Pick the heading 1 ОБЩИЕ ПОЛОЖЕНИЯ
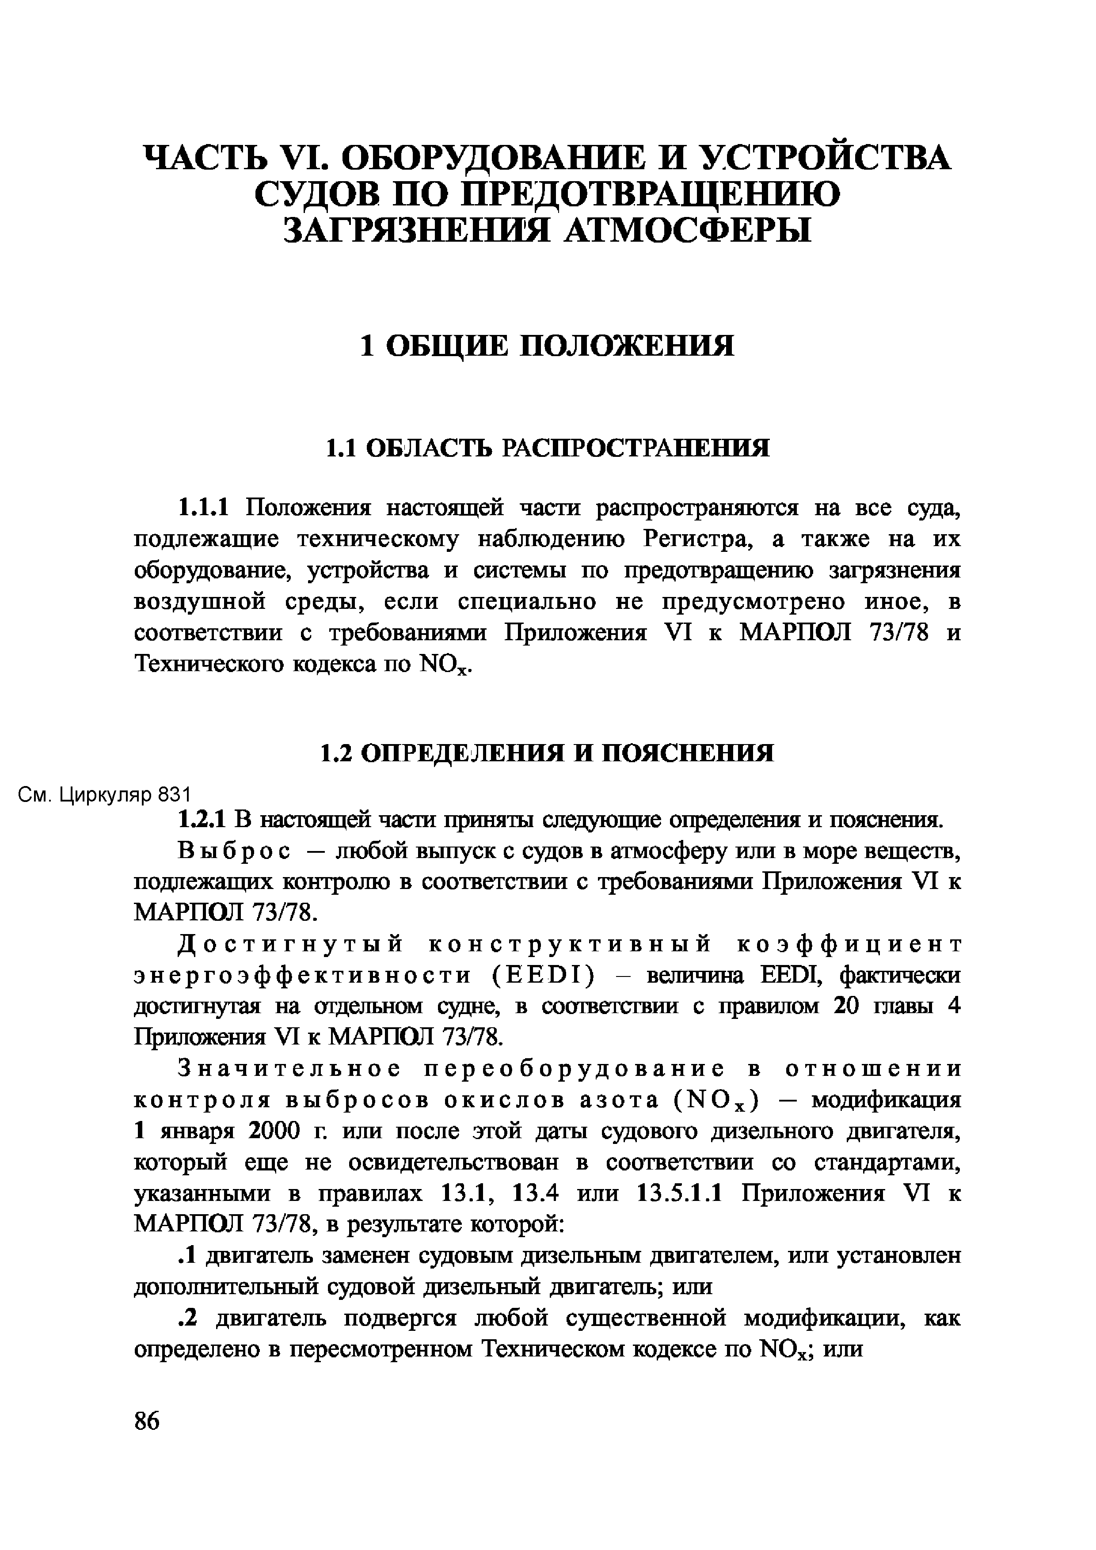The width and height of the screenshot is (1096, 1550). pos(548,346)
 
